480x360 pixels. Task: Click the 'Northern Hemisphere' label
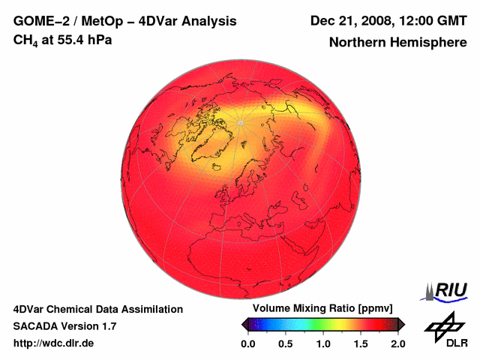[x=397, y=43]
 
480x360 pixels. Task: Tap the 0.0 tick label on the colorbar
[x=248, y=343]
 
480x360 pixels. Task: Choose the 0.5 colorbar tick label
[x=286, y=343]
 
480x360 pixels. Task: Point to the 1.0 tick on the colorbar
[x=323, y=343]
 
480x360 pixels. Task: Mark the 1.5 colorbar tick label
[x=361, y=343]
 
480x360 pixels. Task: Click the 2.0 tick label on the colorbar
[x=397, y=343]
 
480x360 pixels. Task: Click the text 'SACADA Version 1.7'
[x=64, y=326]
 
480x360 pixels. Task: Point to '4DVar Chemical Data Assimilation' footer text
[x=97, y=309]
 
